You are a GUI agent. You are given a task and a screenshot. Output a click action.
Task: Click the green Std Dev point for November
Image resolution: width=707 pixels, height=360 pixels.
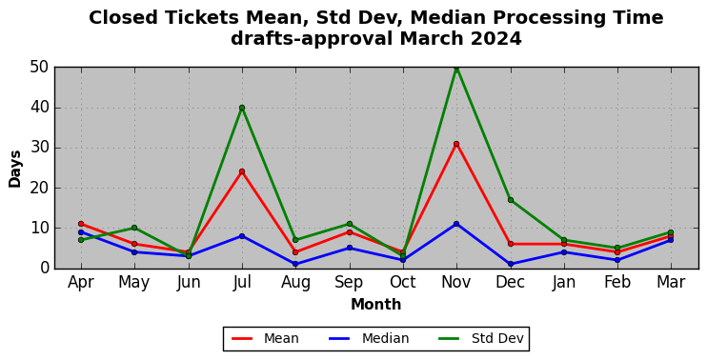(456, 68)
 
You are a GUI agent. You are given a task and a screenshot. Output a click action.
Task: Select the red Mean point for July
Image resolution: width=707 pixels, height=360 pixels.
(242, 171)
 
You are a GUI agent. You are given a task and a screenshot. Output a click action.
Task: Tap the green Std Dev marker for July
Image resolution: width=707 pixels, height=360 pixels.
(242, 108)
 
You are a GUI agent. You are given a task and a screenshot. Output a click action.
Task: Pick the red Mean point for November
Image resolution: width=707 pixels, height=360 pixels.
(456, 144)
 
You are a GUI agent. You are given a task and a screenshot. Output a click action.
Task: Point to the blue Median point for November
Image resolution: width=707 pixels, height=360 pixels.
(456, 224)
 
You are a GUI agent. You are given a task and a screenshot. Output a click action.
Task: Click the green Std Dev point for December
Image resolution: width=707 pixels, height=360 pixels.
(511, 200)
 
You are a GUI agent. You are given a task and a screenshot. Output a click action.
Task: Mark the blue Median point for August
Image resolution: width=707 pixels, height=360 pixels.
(295, 264)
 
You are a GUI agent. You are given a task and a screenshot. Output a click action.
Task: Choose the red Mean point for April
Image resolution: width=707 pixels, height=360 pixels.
(81, 224)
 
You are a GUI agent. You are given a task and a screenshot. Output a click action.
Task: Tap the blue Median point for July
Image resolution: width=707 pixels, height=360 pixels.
(242, 235)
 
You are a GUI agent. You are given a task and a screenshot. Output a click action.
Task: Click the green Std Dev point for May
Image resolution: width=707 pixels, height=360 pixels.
(134, 228)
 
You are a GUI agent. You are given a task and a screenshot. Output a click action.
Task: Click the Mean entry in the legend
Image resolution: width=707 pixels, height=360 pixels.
(265, 338)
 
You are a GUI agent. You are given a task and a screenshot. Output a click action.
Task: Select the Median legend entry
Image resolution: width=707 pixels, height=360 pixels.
(369, 338)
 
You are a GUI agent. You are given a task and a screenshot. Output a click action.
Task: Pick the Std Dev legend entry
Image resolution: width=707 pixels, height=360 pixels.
(480, 338)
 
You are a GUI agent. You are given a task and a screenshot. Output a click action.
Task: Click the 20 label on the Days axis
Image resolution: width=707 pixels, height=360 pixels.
(39, 189)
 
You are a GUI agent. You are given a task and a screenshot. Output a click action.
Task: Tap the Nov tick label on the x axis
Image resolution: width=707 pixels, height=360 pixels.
(455, 282)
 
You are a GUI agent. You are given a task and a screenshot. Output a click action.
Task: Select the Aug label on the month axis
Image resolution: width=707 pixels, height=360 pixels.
(295, 283)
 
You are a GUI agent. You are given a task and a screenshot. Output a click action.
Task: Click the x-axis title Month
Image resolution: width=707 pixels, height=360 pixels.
(376, 305)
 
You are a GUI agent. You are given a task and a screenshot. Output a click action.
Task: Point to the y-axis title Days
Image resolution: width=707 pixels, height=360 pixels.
(15, 169)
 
